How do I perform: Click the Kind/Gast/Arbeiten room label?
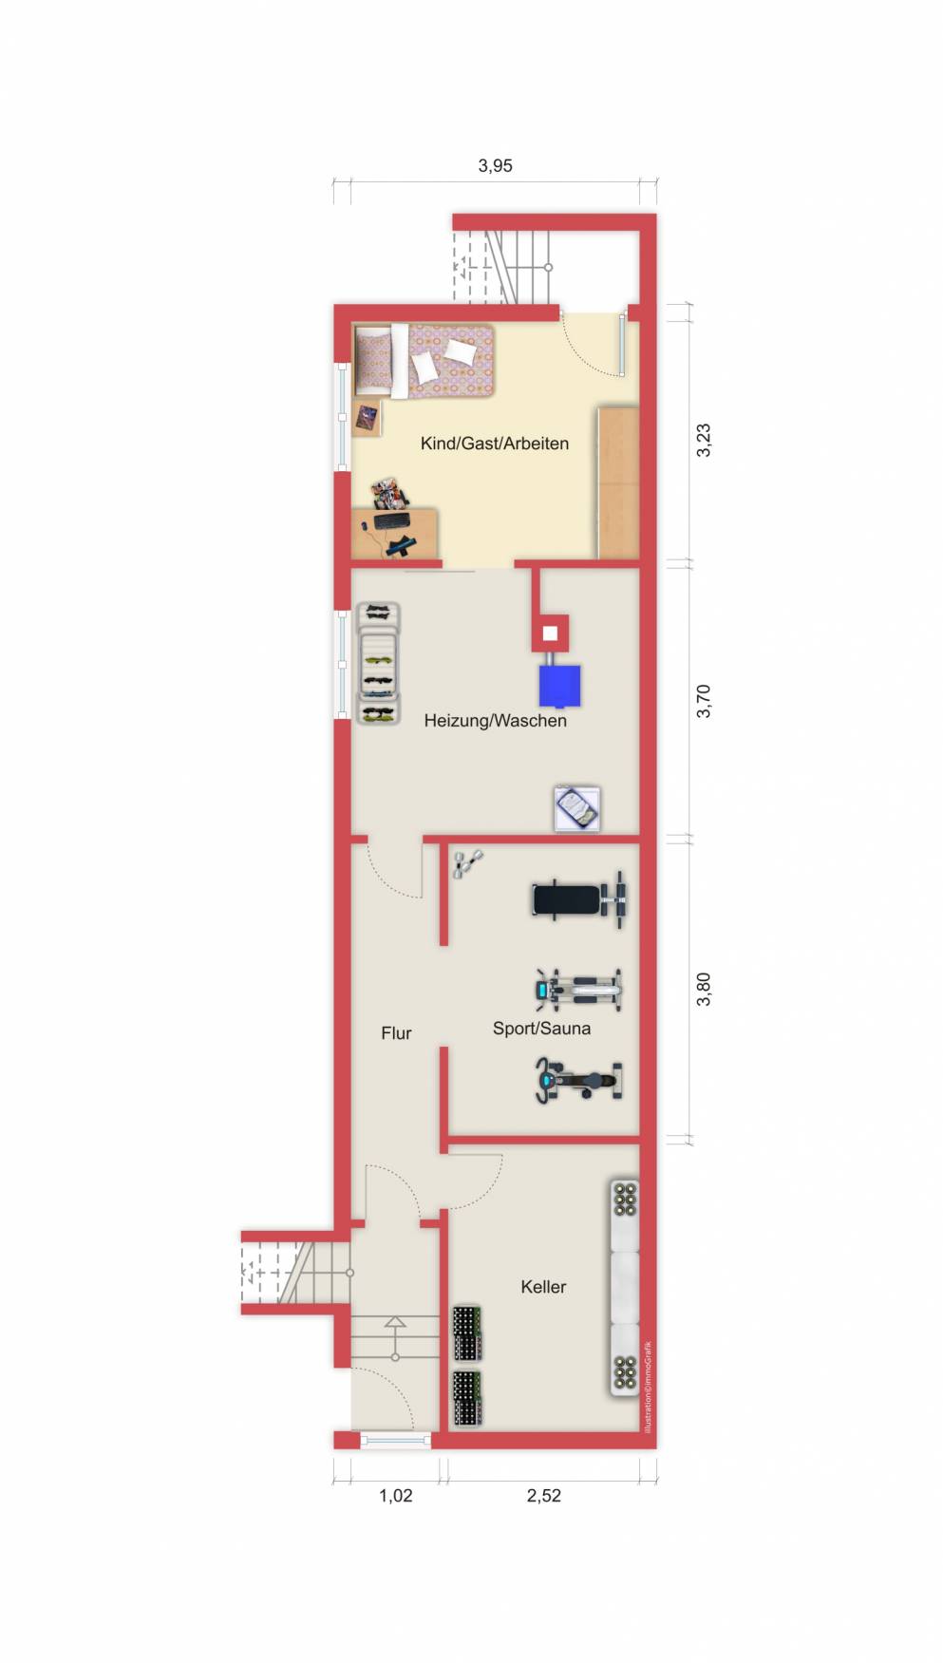pos(495,444)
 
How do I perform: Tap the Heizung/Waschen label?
pos(495,721)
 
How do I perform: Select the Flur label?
pos(396,1033)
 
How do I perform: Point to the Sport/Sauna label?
pos(541,1029)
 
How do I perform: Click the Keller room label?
pos(543,1287)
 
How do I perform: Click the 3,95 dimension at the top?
pos(495,165)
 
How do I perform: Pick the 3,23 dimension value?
pos(704,440)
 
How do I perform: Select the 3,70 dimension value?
pos(704,701)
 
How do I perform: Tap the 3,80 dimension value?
pos(704,990)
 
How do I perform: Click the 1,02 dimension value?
pos(396,1496)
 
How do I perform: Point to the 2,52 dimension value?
pos(543,1496)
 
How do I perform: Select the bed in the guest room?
pos(424,360)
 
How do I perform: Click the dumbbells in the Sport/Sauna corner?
pos(467,863)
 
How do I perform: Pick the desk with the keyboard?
pos(395,534)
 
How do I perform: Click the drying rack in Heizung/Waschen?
pos(378,664)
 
